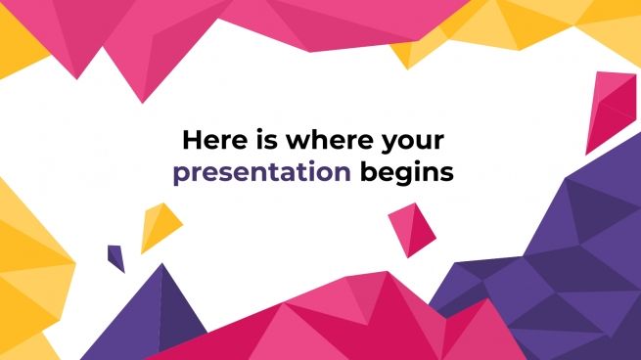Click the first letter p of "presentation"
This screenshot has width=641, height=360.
pos(180,176)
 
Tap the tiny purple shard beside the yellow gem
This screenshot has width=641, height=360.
pos(116,257)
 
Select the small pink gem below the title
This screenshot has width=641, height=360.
pos(412,230)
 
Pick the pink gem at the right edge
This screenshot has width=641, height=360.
pos(614,111)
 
